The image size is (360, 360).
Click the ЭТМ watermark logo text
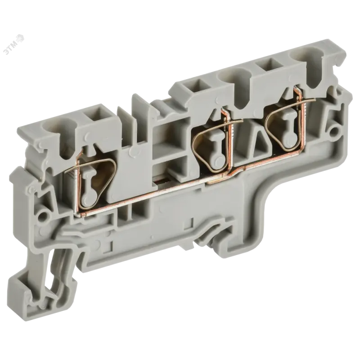pyautogui.click(x=15, y=44)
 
